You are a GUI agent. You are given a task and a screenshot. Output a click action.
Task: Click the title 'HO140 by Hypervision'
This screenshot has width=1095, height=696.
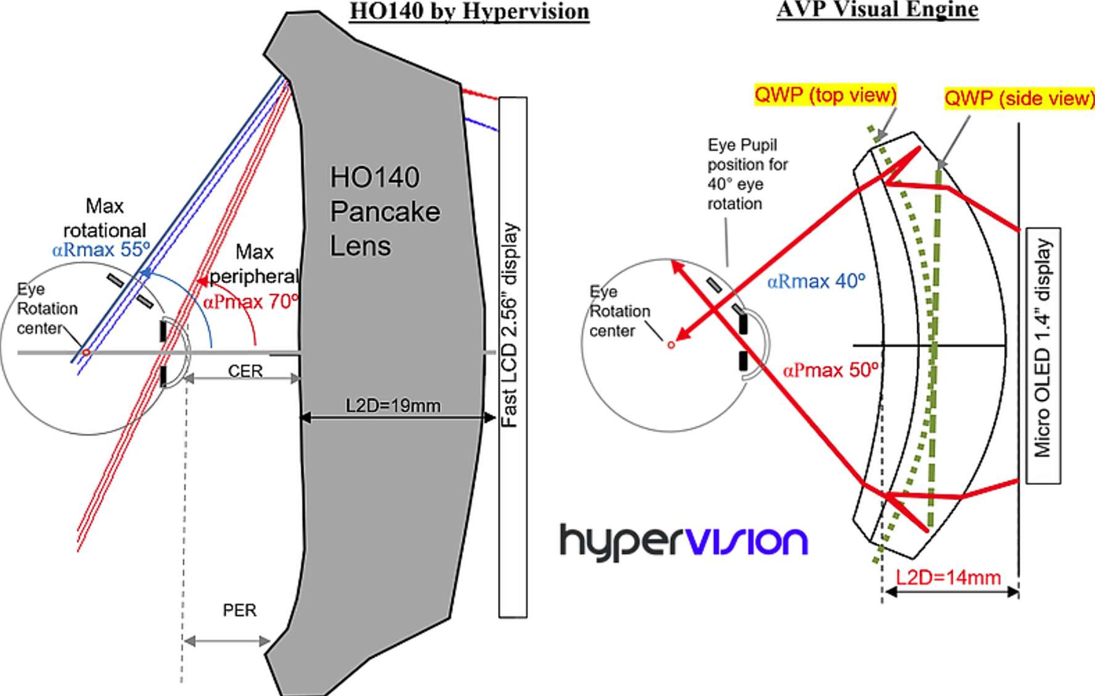[x=469, y=12]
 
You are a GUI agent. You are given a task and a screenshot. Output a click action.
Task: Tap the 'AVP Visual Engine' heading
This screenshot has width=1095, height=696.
[x=877, y=10]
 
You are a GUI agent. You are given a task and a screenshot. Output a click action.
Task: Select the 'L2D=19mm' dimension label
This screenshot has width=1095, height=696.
[x=393, y=405]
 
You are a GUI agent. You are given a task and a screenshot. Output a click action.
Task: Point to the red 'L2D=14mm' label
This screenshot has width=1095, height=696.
[x=948, y=578]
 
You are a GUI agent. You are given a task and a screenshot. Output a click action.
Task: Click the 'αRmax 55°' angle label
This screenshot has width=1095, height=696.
[x=102, y=249]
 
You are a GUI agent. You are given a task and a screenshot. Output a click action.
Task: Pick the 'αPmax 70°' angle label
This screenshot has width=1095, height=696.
[x=251, y=301]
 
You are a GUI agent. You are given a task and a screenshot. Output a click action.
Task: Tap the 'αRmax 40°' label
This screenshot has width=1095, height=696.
[x=816, y=281]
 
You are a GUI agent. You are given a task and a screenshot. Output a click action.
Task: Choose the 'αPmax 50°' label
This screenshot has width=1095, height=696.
[x=831, y=370]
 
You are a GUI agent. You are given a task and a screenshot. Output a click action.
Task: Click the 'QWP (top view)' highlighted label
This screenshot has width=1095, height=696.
[x=826, y=95]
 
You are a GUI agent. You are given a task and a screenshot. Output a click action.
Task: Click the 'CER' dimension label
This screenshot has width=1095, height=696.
[x=245, y=371]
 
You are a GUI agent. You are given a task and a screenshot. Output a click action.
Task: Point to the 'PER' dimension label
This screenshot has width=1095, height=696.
[x=239, y=610]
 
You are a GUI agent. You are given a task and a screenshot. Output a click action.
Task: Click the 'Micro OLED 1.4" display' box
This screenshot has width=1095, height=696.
[x=1043, y=355]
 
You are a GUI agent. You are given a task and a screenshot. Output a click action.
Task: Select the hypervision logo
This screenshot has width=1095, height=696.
[x=683, y=542]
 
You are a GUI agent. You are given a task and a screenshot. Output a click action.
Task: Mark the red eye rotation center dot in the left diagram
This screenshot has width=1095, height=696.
[x=86, y=352]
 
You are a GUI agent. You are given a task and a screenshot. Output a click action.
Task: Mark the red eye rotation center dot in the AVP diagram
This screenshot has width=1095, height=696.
[x=671, y=344]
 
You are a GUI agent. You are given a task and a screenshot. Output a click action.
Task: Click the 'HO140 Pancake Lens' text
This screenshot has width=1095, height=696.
[x=385, y=212]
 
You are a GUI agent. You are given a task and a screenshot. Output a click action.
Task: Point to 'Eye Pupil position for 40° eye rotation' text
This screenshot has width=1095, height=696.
[x=747, y=174]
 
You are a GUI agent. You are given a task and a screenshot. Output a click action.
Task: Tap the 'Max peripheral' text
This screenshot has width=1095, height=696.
[x=254, y=263]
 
